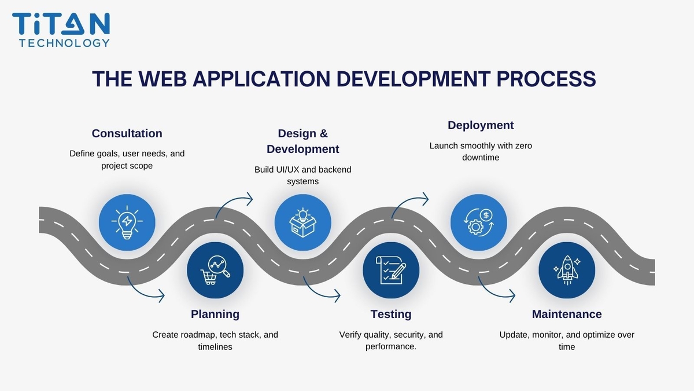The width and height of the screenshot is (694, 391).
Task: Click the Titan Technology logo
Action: [x=61, y=29]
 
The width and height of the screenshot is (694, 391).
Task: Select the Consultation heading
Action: [x=127, y=133]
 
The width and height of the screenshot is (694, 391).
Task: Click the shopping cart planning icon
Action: [x=215, y=270]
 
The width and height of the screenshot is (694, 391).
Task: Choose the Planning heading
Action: [x=215, y=314]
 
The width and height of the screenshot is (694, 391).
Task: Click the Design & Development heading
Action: [x=302, y=141]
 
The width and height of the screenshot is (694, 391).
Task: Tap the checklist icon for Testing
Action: [x=391, y=270]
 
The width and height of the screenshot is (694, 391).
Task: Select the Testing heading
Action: [x=391, y=314]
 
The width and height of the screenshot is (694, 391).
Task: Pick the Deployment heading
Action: [x=481, y=125]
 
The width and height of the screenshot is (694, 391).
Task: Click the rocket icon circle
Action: [x=567, y=270]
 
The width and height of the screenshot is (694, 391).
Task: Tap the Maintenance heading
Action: [x=567, y=314]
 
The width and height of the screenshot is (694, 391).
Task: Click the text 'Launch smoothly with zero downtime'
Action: [x=481, y=152]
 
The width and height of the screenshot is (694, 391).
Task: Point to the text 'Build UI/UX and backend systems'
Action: [x=302, y=176]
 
